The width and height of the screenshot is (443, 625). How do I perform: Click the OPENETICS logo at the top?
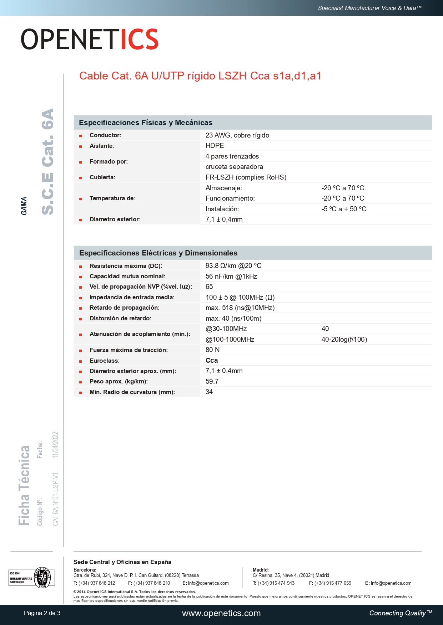[x=89, y=39]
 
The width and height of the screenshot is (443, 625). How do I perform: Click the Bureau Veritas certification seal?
[x=42, y=577]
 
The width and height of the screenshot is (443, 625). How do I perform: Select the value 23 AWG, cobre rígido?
[x=237, y=135]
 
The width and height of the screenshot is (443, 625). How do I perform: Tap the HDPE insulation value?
[x=215, y=145]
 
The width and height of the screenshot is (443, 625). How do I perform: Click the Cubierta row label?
[x=102, y=177]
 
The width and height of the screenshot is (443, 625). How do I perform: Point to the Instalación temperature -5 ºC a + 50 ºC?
[x=343, y=209]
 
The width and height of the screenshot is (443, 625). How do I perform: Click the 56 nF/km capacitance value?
[x=231, y=276]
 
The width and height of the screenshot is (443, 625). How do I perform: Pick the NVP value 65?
[x=209, y=286]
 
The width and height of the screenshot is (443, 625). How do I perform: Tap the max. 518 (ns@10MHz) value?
[x=240, y=308]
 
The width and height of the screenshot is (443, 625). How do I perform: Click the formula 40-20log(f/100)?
[x=344, y=339]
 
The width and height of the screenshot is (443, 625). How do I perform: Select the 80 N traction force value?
[x=212, y=350]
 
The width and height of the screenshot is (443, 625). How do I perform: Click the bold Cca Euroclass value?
[x=212, y=360]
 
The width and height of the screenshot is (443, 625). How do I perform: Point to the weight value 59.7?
[x=212, y=381]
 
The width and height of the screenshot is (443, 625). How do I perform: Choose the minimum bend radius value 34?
[x=209, y=392]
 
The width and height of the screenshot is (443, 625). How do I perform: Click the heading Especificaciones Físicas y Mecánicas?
[x=145, y=123]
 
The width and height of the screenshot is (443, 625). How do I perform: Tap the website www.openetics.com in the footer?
[x=221, y=613]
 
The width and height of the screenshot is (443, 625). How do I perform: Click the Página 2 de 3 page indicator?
[x=42, y=613]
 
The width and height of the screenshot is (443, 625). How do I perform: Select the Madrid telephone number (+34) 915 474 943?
[x=276, y=583]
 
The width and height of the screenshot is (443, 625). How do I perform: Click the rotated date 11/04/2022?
[x=55, y=445]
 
